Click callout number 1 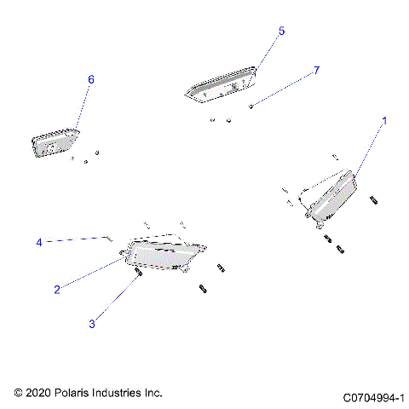coord(383,122)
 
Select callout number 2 coord(57,290)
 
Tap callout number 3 coord(92,324)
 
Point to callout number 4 coord(39,243)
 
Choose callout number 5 coord(282,31)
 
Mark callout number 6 coord(91,79)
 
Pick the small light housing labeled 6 coord(55,142)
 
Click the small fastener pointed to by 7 coord(251,106)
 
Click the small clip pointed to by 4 coord(109,238)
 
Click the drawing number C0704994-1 coord(373,397)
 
